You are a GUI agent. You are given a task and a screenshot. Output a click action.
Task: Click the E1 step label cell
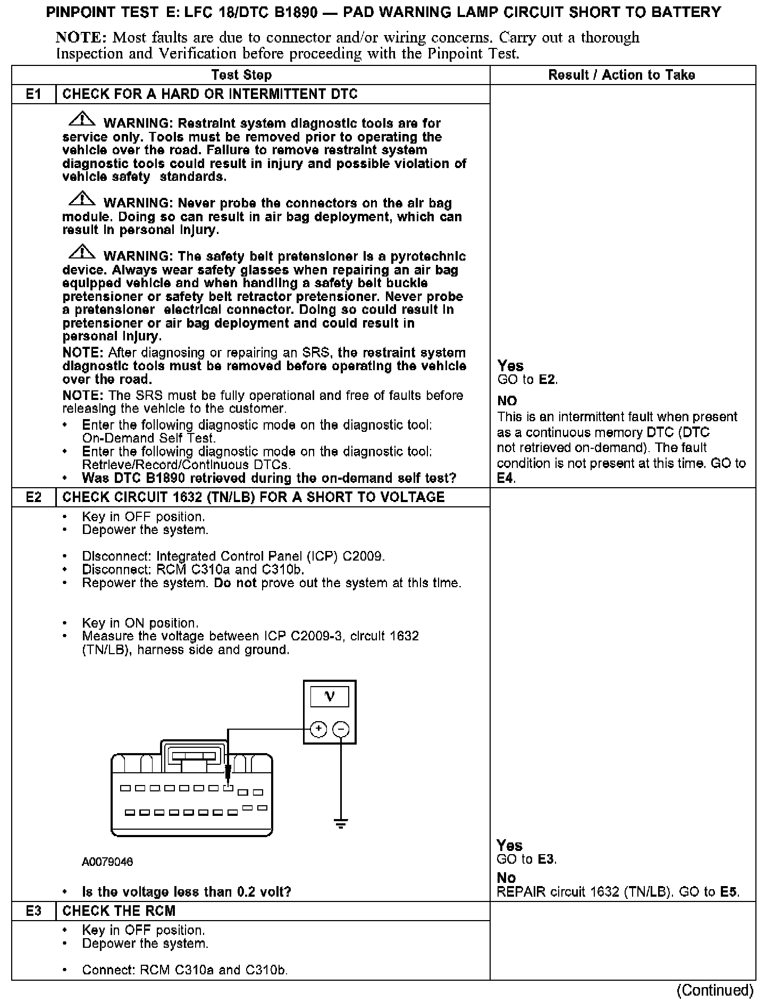(x=33, y=95)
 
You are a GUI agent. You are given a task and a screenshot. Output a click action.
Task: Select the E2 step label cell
(x=33, y=497)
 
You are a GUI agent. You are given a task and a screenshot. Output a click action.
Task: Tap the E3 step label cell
(x=33, y=911)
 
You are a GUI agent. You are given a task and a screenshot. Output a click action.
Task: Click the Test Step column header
(x=241, y=75)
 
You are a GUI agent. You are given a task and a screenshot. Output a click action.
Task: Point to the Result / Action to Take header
(x=621, y=75)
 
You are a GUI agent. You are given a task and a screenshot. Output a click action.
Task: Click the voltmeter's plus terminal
(x=318, y=729)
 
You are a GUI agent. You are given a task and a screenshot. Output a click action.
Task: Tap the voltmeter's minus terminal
(x=341, y=729)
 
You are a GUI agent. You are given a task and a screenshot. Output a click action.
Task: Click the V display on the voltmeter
(x=330, y=697)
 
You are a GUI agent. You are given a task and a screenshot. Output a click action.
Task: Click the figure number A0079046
(x=107, y=862)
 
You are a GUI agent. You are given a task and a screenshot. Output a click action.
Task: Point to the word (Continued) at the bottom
(x=714, y=990)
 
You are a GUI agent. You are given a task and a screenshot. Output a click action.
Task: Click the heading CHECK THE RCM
(x=119, y=911)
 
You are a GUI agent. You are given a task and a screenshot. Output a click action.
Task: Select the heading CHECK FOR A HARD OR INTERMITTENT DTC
(x=210, y=95)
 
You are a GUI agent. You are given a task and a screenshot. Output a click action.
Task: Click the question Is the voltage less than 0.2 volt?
(x=187, y=891)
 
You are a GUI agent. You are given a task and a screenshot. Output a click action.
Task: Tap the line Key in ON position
(x=140, y=623)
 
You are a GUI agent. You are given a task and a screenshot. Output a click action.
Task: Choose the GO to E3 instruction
(x=527, y=859)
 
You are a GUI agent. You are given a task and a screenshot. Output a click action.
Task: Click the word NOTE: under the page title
(x=81, y=38)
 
